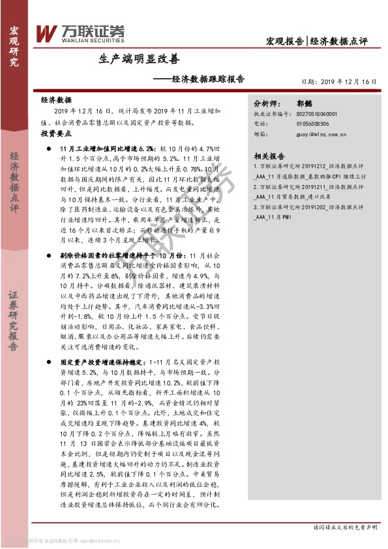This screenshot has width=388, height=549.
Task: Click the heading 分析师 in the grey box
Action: click(267, 103)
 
